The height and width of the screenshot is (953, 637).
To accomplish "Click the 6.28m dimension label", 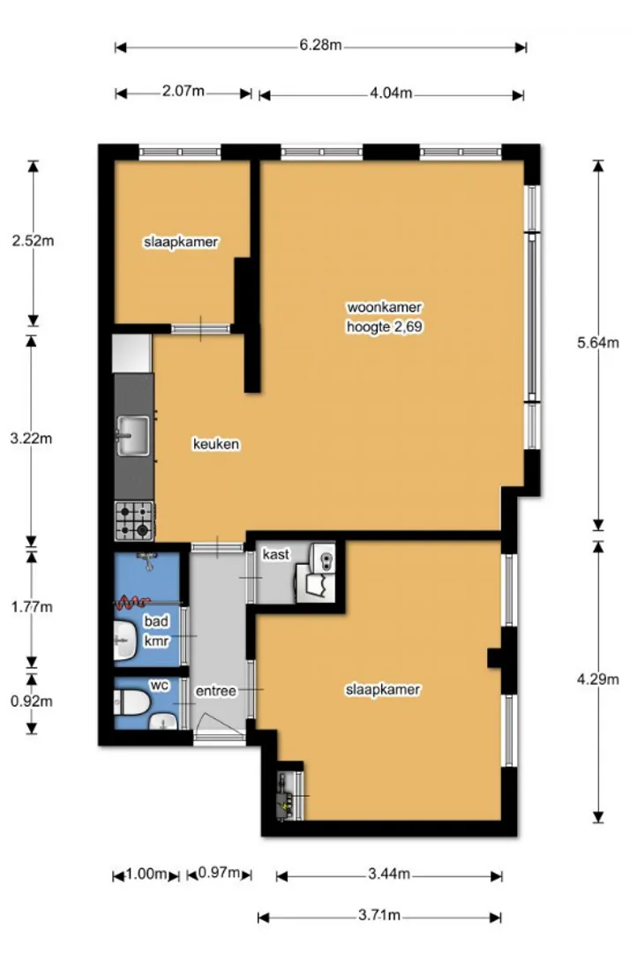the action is (320, 46).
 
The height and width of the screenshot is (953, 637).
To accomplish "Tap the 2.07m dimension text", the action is (183, 92).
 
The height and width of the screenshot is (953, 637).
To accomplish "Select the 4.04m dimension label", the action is (391, 94).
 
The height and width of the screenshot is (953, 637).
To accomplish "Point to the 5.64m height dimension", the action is (598, 342).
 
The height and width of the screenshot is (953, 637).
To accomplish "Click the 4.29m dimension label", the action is (598, 679).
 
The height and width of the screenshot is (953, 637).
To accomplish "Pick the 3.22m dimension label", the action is (31, 439).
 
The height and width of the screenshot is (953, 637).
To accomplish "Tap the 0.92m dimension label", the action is (32, 702).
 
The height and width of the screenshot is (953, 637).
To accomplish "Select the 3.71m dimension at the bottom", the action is (378, 915).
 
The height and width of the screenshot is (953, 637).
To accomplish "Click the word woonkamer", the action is (384, 308).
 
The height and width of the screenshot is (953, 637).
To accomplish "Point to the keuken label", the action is (216, 444).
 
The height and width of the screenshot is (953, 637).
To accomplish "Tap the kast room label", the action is (276, 554).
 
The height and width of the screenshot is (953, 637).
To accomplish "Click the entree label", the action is (216, 691).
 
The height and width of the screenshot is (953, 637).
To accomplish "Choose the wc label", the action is (159, 685).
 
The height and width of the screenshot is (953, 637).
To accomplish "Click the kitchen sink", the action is (133, 435).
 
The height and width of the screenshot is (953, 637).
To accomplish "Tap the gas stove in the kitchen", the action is (134, 521).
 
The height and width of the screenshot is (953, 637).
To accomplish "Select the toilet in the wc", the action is (131, 702).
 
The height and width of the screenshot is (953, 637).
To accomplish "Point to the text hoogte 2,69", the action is (384, 327).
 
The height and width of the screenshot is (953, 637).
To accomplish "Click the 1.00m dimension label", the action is (146, 874).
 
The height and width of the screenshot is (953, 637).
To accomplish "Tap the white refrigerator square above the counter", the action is (131, 353).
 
